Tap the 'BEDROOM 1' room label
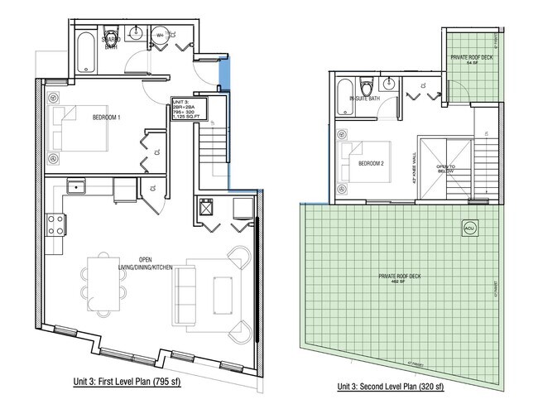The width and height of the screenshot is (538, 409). pyautogui.click(x=107, y=118)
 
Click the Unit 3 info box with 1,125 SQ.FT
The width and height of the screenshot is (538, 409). pyautogui.click(x=187, y=109)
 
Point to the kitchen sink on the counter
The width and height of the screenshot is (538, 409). pyautogui.click(x=79, y=188)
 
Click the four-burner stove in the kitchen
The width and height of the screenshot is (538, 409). pyautogui.click(x=55, y=223)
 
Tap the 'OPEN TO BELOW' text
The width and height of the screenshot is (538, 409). pyautogui.click(x=446, y=170)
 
